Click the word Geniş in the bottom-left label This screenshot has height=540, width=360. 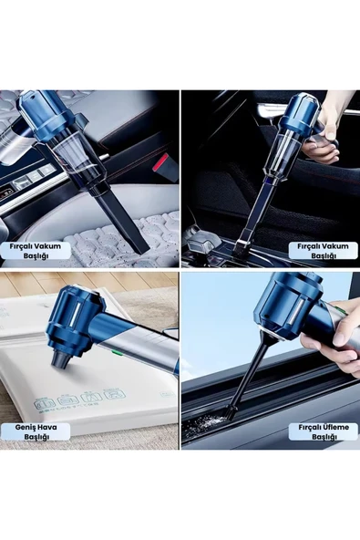[x=25, y=427]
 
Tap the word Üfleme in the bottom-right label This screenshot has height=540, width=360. [x=336, y=427]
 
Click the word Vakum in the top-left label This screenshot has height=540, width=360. [x=49, y=246]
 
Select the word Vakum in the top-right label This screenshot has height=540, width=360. [x=337, y=246]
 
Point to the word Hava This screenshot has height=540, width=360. [x=46, y=427]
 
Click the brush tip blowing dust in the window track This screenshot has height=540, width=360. [x=230, y=412]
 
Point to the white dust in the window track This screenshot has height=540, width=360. [x=203, y=423]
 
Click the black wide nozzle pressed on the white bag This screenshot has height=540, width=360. [x=60, y=358]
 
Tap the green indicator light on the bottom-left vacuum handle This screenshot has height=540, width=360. [x=116, y=352]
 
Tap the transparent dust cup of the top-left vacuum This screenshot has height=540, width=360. [x=80, y=158]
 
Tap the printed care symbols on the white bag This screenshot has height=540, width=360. [x=80, y=400]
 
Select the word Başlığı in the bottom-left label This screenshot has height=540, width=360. [x=36, y=437]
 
